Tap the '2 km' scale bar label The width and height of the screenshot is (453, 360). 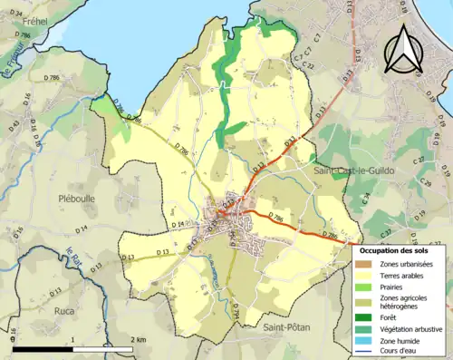pyautogui.click(x=138, y=339)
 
